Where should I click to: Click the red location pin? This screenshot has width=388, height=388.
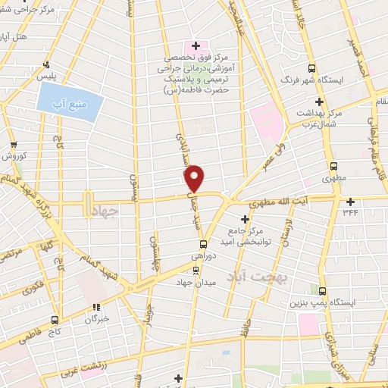click(195, 178)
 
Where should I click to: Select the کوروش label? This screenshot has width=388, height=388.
click(14, 155)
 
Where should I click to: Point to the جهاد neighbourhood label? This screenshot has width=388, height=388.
click(111, 213)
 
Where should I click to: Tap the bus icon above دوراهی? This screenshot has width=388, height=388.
click(203, 244)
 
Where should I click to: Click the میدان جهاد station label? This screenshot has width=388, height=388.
click(196, 283)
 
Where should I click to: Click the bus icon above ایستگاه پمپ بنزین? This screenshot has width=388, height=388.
click(323, 291)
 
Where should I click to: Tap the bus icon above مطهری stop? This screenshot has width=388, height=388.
click(333, 167)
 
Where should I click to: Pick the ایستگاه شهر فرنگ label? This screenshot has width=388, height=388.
click(310, 79)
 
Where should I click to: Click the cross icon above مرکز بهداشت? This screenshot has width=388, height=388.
click(319, 102)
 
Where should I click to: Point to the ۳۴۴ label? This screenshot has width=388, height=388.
click(350, 213)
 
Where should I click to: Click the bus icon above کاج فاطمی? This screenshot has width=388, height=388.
click(55, 319)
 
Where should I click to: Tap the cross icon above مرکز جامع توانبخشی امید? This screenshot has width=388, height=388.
click(245, 219)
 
